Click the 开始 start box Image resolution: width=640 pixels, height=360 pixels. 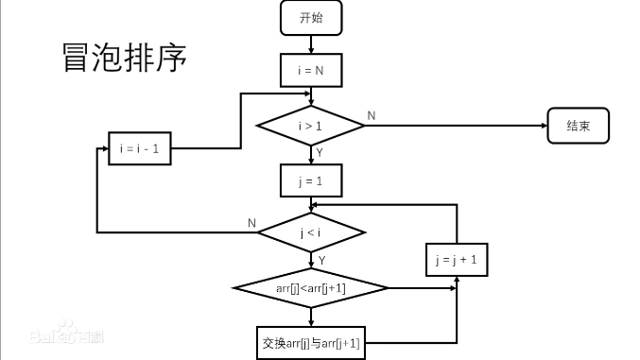(311, 17)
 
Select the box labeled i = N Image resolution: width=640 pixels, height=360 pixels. (311, 69)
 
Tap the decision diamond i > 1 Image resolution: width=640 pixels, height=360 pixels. (311, 126)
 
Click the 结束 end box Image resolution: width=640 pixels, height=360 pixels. (578, 126)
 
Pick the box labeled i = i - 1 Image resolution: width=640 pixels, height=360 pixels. (139, 149)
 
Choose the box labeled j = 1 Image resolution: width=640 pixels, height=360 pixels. (311, 179)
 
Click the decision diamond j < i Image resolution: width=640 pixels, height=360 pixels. (311, 231)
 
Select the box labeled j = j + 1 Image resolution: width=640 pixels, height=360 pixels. (457, 260)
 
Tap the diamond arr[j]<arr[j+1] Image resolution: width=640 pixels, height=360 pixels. (311, 287)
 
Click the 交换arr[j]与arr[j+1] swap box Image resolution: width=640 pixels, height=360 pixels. (311, 342)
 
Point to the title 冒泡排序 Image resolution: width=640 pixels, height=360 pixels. (123, 57)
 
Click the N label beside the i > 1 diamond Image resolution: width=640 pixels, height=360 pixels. (371, 115)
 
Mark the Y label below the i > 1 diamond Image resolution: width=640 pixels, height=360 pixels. (320, 152)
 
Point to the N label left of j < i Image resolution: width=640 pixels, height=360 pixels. (251, 223)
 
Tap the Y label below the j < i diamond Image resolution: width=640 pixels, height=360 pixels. (322, 259)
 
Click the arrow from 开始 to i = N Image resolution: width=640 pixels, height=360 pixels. (311, 43)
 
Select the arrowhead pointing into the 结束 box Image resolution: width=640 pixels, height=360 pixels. (543, 126)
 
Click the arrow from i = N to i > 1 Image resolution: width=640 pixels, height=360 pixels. (311, 95)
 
